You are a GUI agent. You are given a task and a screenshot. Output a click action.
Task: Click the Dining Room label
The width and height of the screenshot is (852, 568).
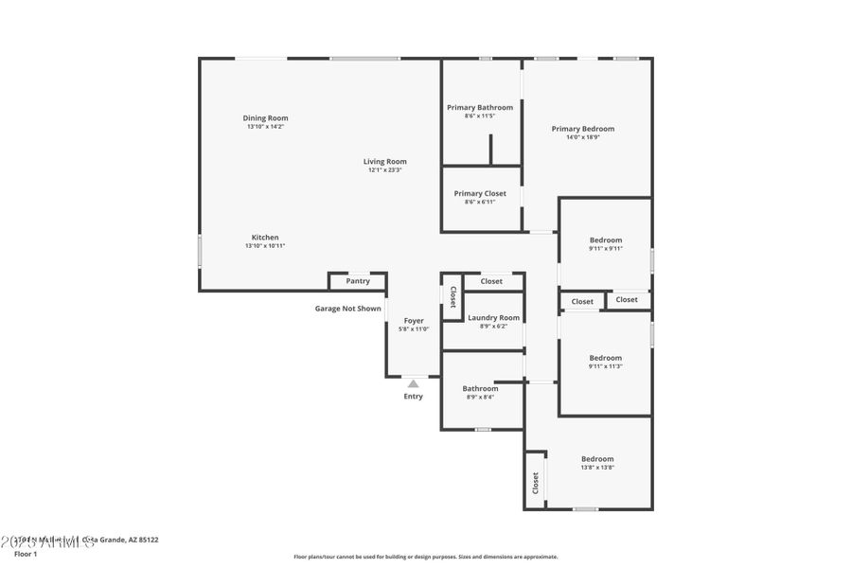pos(265,118)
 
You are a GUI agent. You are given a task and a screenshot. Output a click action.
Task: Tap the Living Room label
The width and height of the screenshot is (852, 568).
pos(385,162)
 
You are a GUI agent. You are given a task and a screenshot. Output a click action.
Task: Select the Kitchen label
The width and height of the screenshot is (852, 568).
pos(265,238)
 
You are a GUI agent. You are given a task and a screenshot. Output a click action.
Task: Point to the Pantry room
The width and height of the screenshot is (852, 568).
pos(358,281)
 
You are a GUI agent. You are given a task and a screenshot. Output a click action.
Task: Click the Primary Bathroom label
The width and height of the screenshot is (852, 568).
pos(480,108)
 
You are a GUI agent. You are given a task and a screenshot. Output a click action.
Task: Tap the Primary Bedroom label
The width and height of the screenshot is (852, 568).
pos(583,129)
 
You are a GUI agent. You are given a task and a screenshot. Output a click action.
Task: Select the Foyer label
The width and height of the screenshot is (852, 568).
pos(414,321)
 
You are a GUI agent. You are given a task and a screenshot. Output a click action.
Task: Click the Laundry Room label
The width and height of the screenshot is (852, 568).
pos(493,318)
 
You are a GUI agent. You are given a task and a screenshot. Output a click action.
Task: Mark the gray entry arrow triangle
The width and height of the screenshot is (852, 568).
pos(414,383)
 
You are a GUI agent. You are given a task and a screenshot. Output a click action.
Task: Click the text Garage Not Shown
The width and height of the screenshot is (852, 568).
pos(348,309)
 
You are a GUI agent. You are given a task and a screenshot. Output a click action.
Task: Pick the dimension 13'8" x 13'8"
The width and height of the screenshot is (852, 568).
pos(597,468)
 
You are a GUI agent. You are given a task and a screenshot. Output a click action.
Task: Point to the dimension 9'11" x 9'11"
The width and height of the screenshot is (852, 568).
pos(605,249)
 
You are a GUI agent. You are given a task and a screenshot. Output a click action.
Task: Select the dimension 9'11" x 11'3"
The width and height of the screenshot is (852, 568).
pos(605,366)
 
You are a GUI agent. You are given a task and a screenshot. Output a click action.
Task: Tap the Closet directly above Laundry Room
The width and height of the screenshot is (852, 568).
pos(491,281)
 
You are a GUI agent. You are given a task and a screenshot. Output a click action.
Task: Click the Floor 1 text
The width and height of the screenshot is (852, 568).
pos(26,554)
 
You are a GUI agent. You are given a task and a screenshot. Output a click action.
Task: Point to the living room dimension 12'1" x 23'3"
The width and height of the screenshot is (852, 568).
pos(385,170)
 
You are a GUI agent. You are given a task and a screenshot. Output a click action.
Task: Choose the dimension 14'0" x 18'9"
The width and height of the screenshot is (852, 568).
pos(583,137)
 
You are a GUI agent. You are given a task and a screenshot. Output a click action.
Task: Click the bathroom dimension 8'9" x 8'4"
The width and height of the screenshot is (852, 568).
pos(480,398)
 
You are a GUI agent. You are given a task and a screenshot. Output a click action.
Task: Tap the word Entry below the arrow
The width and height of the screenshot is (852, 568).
pos(414,397)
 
